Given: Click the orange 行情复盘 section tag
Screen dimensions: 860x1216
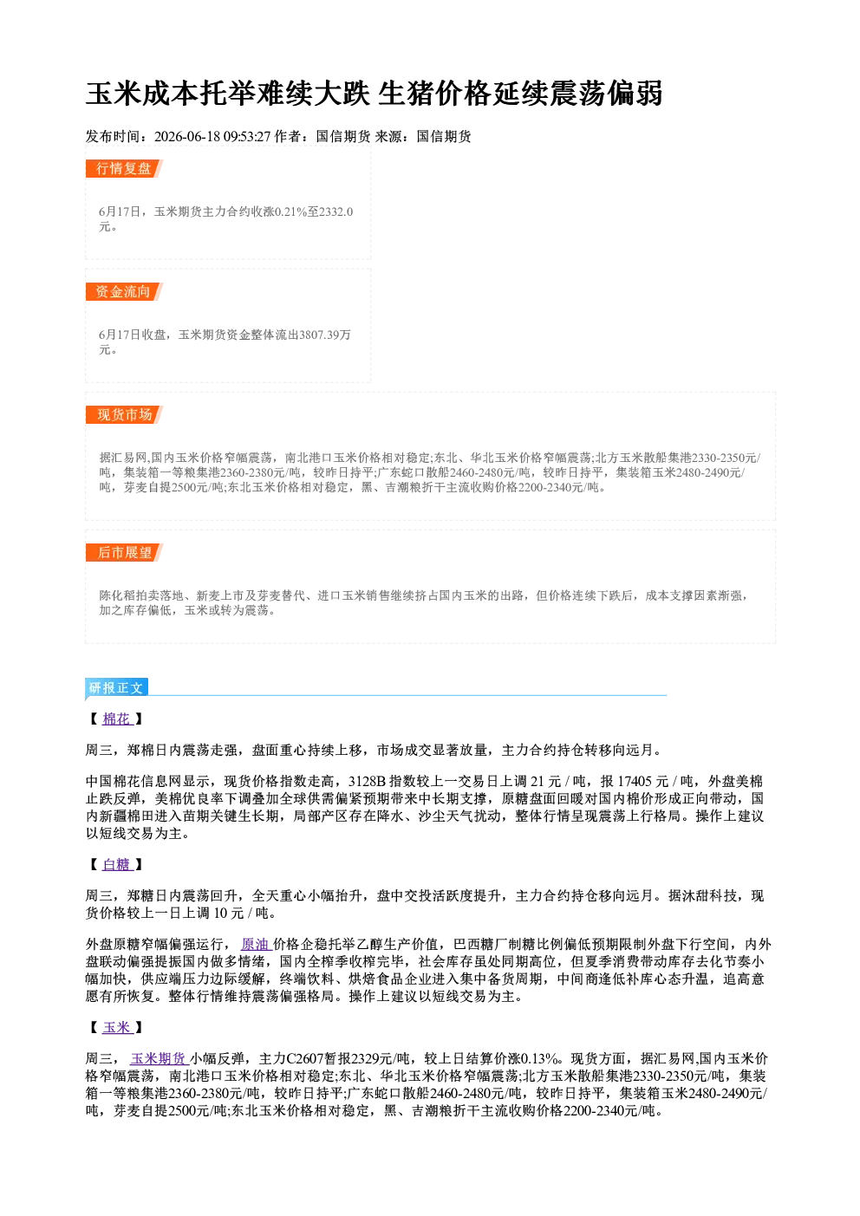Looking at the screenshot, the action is [x=124, y=168].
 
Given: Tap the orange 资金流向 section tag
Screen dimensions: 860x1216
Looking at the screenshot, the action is [x=124, y=291].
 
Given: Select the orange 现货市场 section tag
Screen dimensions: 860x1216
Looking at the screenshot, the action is [x=124, y=415].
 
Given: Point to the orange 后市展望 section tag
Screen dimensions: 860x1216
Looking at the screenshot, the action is [x=124, y=553].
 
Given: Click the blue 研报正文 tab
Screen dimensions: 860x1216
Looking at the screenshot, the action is [x=116, y=688].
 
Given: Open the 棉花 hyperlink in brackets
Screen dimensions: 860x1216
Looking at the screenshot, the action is [x=117, y=719].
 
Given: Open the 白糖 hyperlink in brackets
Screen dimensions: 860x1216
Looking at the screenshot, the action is [x=117, y=865].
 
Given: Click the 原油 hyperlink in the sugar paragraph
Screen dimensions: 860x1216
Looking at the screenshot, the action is [x=256, y=944].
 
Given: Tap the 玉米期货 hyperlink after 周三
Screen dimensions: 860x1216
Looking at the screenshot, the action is [x=159, y=1058].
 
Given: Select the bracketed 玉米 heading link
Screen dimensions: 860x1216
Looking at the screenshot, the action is [x=117, y=1028].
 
